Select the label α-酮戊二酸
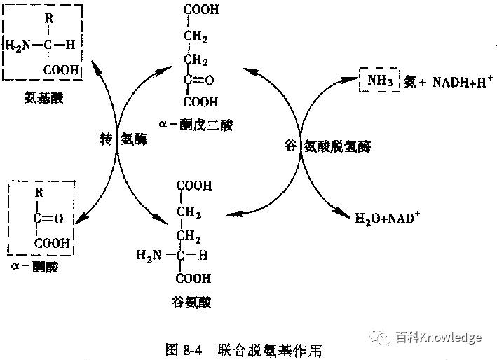pos(196,124)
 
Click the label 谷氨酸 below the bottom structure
pos(191,303)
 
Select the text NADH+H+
pos(459,81)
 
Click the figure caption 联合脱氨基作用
pos(269,348)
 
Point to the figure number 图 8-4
pos(182,348)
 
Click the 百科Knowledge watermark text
pos(438,338)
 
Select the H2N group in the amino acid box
pos(18,46)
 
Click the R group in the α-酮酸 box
pos(39,193)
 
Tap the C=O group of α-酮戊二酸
pos(198,80)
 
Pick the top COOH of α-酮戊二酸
pos(201,10)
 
